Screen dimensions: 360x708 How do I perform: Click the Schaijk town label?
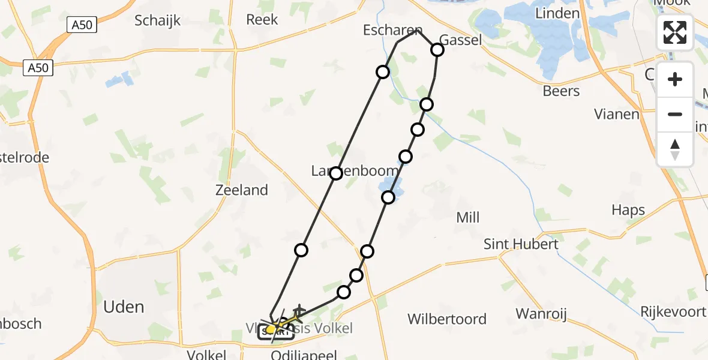(x=157, y=20)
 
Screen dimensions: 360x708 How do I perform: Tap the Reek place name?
(x=262, y=20)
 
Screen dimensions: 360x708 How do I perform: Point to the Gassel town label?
(x=460, y=40)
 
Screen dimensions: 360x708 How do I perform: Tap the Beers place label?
(x=561, y=91)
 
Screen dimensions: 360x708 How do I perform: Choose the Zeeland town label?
(x=242, y=190)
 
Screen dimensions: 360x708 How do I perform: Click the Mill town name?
(x=467, y=217)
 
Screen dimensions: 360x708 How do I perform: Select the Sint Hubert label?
(x=521, y=244)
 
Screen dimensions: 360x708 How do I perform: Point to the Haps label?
(x=628, y=210)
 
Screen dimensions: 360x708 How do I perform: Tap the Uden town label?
(x=124, y=307)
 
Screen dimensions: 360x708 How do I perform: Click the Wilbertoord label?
(x=447, y=319)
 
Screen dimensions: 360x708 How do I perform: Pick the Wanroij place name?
(x=541, y=314)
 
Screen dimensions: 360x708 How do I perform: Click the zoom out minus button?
(x=675, y=114)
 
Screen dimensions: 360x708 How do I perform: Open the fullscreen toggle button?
(x=675, y=32)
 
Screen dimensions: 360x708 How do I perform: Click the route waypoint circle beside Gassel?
(x=437, y=50)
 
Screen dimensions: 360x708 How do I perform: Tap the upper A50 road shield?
(x=82, y=25)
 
